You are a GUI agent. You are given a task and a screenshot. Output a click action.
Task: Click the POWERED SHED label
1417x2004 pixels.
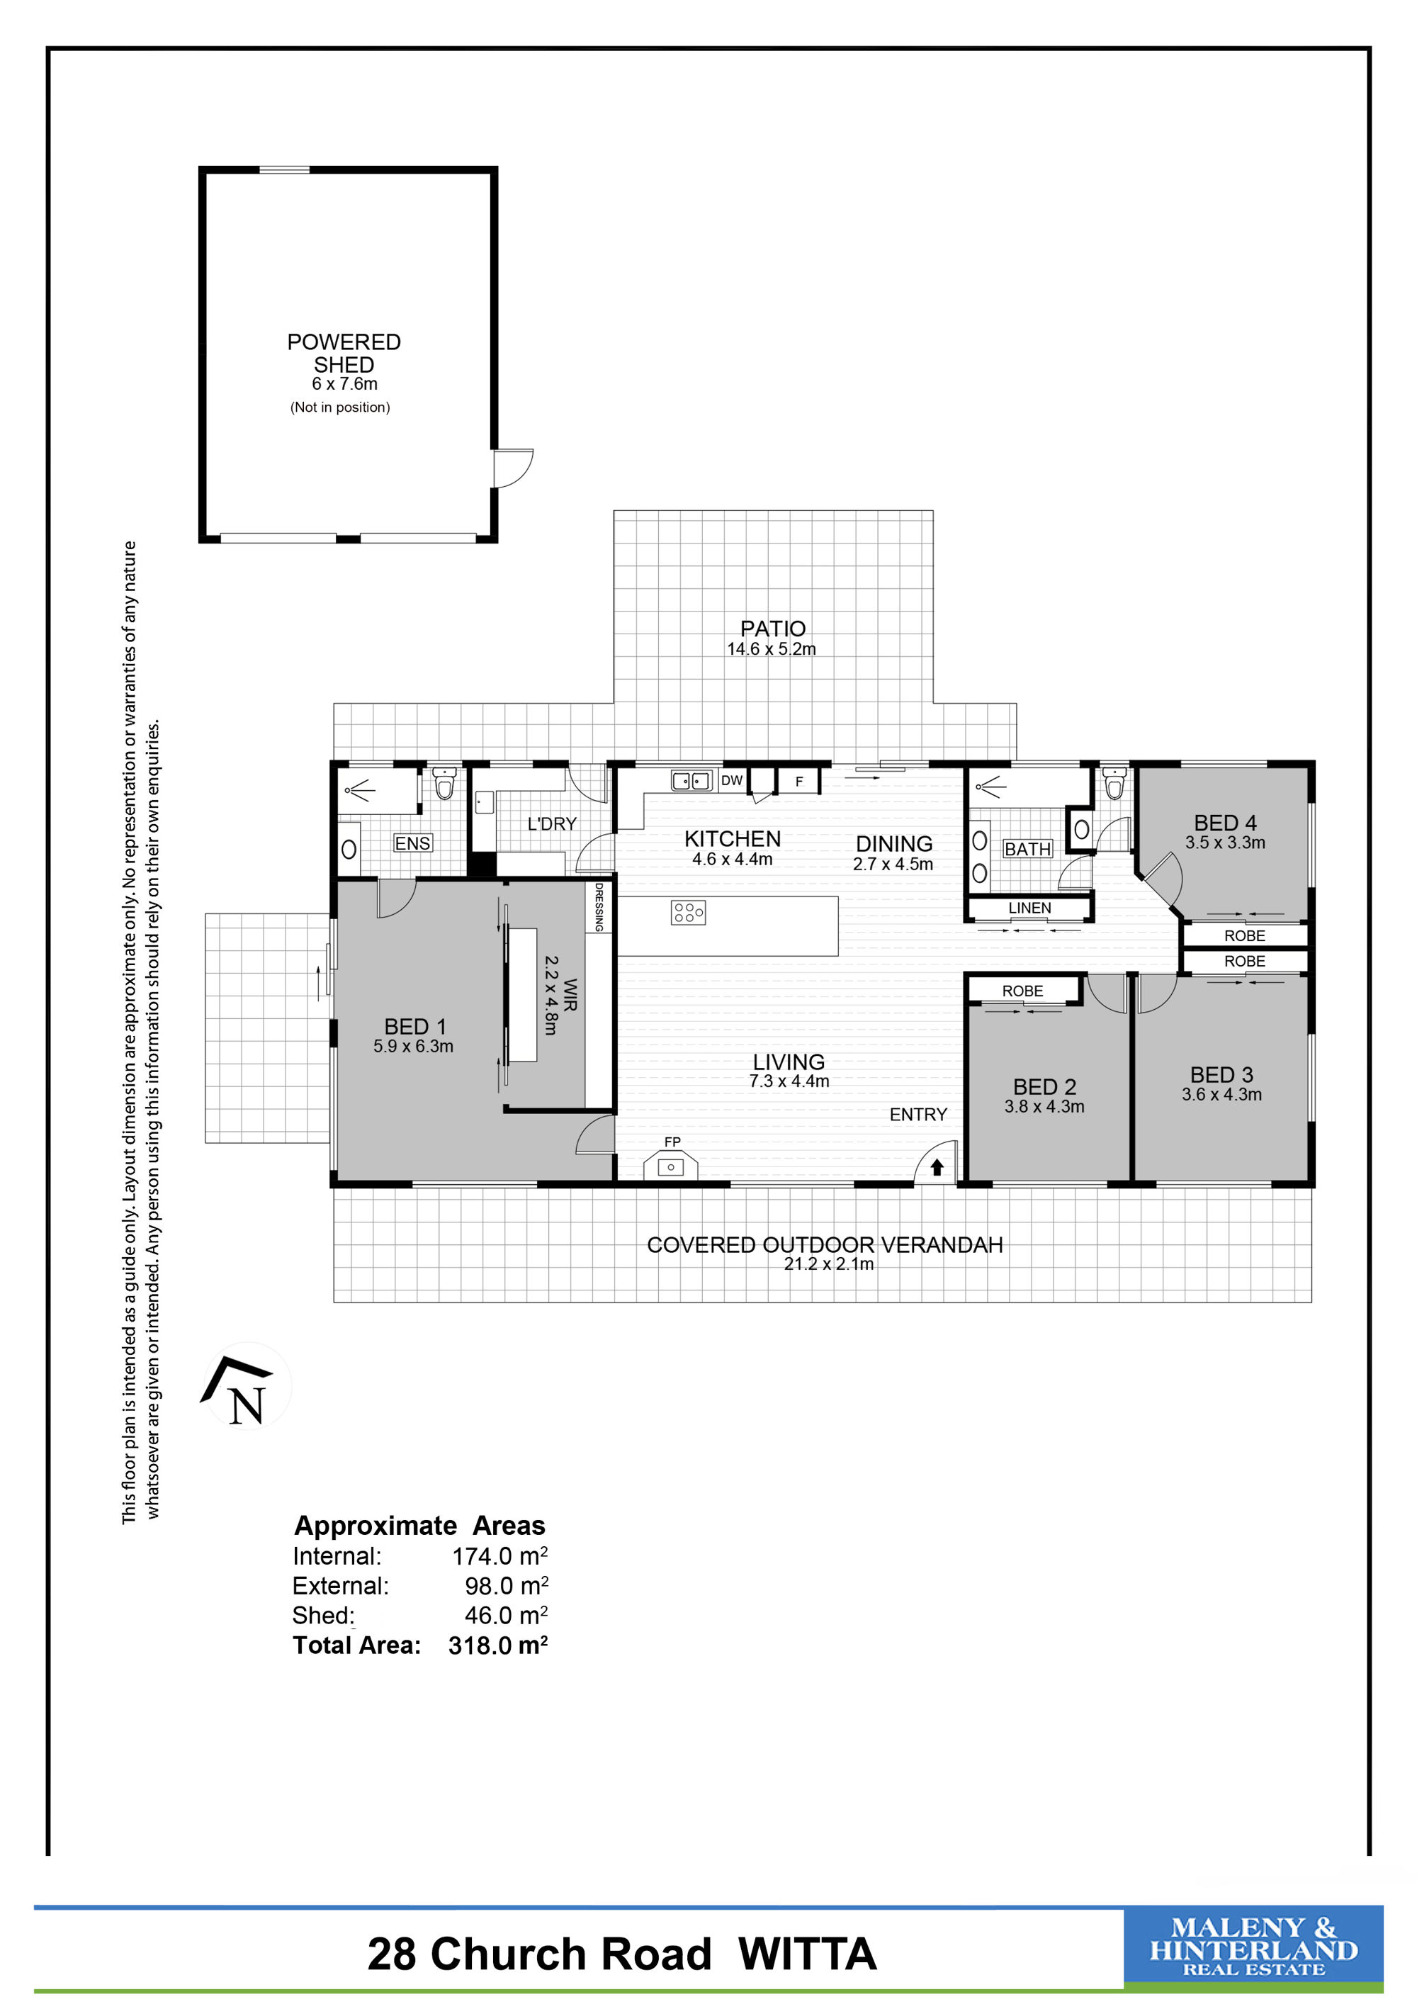344,353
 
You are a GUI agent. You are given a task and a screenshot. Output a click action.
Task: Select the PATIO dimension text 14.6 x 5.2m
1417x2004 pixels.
772,648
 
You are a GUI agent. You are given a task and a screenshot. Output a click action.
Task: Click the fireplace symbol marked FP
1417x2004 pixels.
670,1165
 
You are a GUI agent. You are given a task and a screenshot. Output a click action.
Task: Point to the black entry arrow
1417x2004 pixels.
937,1166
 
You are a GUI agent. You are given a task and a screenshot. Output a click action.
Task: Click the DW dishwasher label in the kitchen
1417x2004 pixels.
732,780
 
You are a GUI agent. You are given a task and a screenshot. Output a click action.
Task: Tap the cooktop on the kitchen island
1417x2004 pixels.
689,913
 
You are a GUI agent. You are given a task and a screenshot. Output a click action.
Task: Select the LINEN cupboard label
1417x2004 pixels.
1029,908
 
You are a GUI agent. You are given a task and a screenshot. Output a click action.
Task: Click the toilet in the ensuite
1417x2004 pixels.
445,783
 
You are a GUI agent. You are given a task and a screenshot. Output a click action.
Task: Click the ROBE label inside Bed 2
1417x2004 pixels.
1022,991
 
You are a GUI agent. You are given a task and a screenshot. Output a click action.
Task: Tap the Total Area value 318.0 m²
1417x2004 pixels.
497,1645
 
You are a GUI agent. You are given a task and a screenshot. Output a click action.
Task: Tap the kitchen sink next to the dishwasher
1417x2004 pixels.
691,780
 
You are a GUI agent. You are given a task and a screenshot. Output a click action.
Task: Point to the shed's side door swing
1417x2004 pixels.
513,468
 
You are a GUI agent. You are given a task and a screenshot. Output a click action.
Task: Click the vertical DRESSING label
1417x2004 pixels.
599,907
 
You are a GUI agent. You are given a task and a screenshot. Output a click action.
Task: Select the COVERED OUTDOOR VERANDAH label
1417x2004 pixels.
825,1244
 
